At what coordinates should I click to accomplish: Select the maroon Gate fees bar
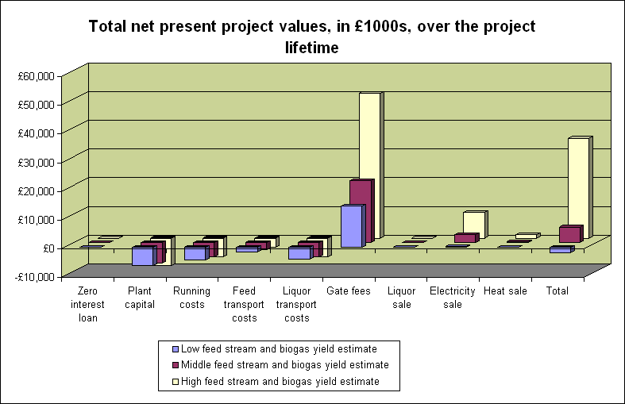360,210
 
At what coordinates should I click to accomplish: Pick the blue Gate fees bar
352,226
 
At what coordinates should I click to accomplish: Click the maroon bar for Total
569,235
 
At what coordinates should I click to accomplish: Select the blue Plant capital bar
143,256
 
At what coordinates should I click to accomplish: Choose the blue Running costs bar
195,253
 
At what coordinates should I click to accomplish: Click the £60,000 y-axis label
37,76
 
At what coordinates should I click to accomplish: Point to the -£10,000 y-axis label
37,276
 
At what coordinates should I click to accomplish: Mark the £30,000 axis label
37,162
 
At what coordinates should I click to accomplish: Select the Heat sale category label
505,291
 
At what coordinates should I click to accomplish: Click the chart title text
312,37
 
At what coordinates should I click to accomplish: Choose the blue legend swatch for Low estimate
176,348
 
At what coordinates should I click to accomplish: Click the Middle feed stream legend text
284,365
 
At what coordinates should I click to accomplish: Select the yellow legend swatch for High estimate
176,382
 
